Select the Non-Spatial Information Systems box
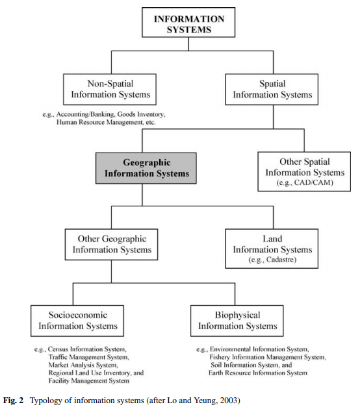110,89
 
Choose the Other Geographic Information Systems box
110,244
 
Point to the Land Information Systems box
271,248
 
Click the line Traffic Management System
88,357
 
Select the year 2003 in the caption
230,397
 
